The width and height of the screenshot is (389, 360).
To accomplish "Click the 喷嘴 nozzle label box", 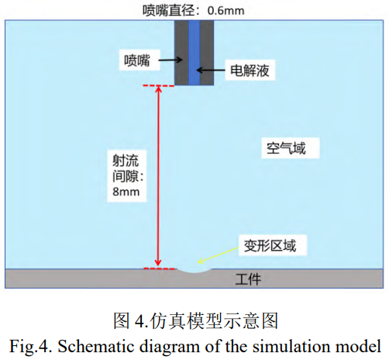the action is coord(139,61).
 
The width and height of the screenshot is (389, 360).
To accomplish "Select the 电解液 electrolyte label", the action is coord(250,71).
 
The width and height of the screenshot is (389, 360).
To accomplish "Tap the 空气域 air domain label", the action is coord(291,148).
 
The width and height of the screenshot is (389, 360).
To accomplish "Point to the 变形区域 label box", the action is coord(273,245).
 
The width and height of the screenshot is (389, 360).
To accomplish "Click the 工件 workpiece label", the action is coord(248,279).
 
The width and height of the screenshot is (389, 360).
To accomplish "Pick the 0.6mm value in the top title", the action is coord(225,11).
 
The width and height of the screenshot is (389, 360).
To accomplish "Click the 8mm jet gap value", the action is coord(126,192).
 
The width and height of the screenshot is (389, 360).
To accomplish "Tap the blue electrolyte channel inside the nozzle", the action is coord(194,53).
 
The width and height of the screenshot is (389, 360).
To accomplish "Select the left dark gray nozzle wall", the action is coord(181,53).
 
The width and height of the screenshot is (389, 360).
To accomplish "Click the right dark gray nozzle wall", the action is coord(207,53).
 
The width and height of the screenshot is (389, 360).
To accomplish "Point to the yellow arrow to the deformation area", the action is coord(219,255).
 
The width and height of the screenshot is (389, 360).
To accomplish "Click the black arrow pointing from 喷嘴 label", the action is coord(170,60).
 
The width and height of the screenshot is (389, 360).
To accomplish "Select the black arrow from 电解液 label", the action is coord(211,70).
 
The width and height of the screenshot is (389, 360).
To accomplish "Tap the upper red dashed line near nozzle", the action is coord(159,85).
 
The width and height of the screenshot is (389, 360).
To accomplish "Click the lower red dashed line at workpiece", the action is coord(159,268).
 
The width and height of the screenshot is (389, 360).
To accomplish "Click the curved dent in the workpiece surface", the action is coord(194,271).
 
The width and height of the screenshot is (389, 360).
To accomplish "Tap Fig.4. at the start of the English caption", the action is coord(30,346).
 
